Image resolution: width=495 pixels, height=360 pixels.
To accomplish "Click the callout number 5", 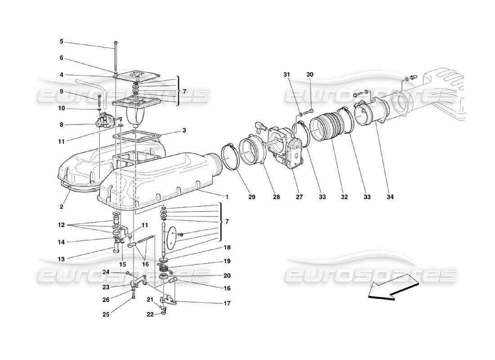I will (62, 41).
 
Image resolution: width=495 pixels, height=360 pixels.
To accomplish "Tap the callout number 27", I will (287, 197).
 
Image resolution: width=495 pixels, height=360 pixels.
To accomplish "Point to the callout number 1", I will (227, 197).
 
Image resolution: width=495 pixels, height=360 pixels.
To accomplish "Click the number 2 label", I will (62, 207).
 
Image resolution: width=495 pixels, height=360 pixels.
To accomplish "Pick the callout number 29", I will (238, 197).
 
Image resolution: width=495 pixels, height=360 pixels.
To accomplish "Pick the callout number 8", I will (62, 125).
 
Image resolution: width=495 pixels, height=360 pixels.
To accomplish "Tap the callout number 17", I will (227, 303).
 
